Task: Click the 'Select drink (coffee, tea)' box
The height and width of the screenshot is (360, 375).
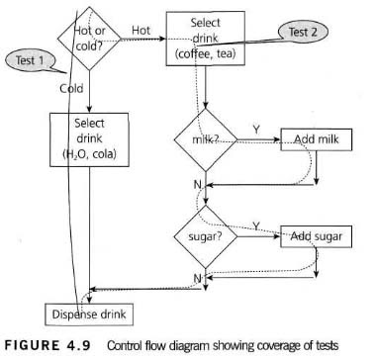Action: coord(206,38)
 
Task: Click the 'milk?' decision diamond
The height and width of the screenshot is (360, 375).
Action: coord(206,140)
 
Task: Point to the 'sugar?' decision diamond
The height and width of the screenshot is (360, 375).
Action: coord(206,238)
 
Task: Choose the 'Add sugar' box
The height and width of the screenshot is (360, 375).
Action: coord(314,238)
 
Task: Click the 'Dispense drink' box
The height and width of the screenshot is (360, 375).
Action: coord(90,314)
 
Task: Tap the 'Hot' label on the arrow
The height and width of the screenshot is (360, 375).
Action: coord(142,31)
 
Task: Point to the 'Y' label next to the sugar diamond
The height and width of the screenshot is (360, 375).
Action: coord(255,226)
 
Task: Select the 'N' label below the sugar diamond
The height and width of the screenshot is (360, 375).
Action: coord(197,280)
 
